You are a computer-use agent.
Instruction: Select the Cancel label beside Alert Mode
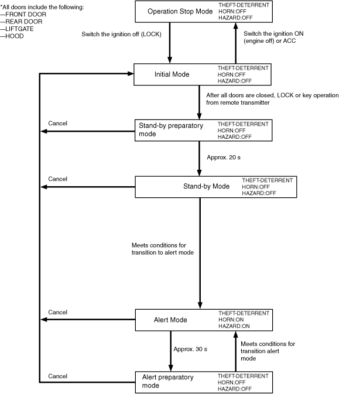click(57, 312)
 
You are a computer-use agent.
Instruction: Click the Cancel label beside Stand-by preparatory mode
click(57, 123)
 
